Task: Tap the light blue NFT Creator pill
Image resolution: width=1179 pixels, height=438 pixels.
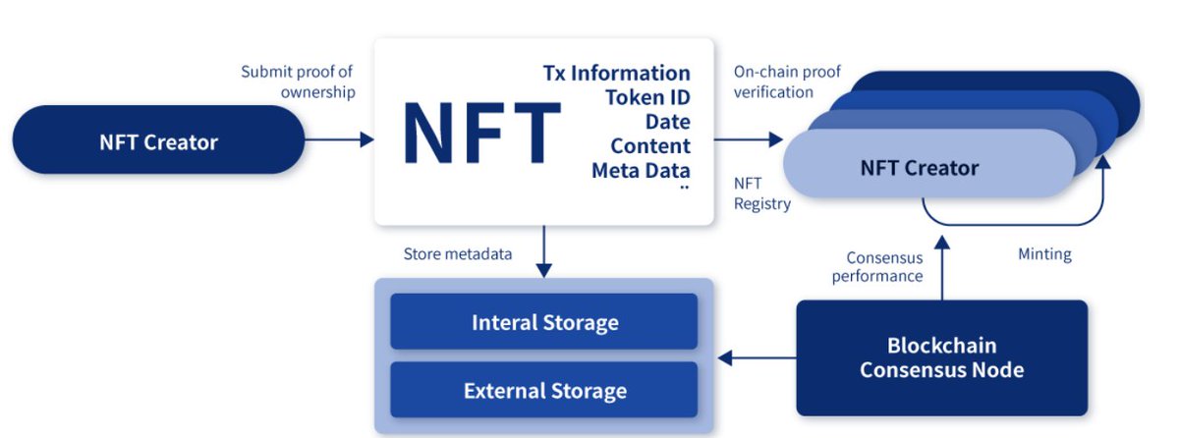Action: pyautogui.click(x=919, y=168)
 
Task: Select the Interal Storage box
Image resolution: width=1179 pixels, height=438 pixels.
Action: pyautogui.click(x=544, y=322)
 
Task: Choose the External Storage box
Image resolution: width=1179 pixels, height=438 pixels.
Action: pyautogui.click(x=544, y=390)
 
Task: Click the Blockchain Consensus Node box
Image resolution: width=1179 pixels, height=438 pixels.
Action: pyautogui.click(x=941, y=357)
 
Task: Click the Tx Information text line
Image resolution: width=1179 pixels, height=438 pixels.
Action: pyautogui.click(x=616, y=73)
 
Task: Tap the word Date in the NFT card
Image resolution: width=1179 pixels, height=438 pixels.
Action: pyautogui.click(x=667, y=122)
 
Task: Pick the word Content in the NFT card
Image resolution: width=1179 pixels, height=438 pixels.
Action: pyautogui.click(x=649, y=145)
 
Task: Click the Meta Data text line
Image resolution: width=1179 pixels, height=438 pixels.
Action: pyautogui.click(x=641, y=170)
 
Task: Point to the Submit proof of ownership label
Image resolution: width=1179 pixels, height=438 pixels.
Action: pyautogui.click(x=297, y=82)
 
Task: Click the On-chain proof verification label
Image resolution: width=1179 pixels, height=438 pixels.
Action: pyautogui.click(x=774, y=82)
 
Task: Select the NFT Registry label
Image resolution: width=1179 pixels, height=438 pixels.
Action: pyautogui.click(x=762, y=193)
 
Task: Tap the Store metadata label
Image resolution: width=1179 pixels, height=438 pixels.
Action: pyautogui.click(x=458, y=253)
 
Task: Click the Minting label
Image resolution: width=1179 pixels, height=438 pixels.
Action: pyautogui.click(x=1044, y=254)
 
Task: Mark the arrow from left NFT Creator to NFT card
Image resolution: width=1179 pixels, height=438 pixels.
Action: pyautogui.click(x=339, y=140)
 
